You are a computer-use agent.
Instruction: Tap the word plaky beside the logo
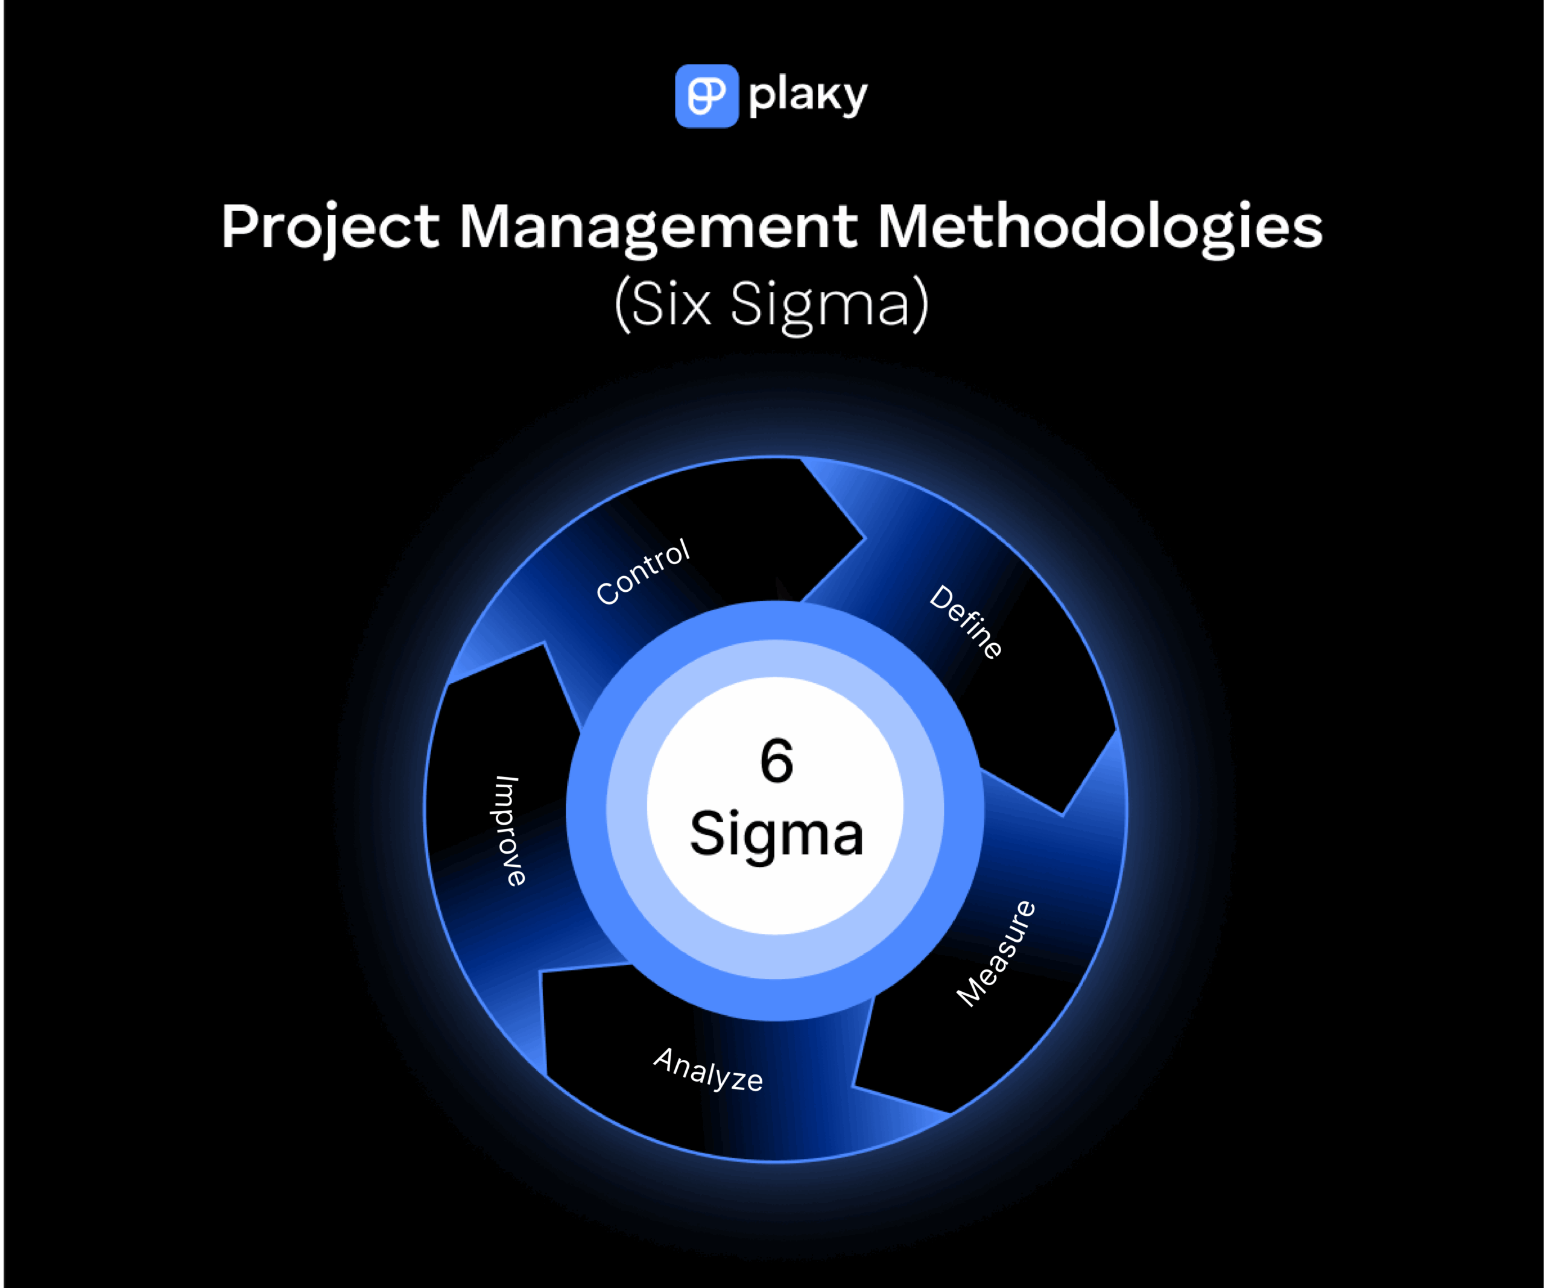808,97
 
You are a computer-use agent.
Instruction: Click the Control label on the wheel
642,573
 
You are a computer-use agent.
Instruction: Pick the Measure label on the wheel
996,953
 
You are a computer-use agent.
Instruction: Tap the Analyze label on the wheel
708,1070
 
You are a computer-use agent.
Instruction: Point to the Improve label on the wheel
507,831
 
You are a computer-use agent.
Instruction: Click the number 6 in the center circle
776,761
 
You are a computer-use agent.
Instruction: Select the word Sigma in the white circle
776,835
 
